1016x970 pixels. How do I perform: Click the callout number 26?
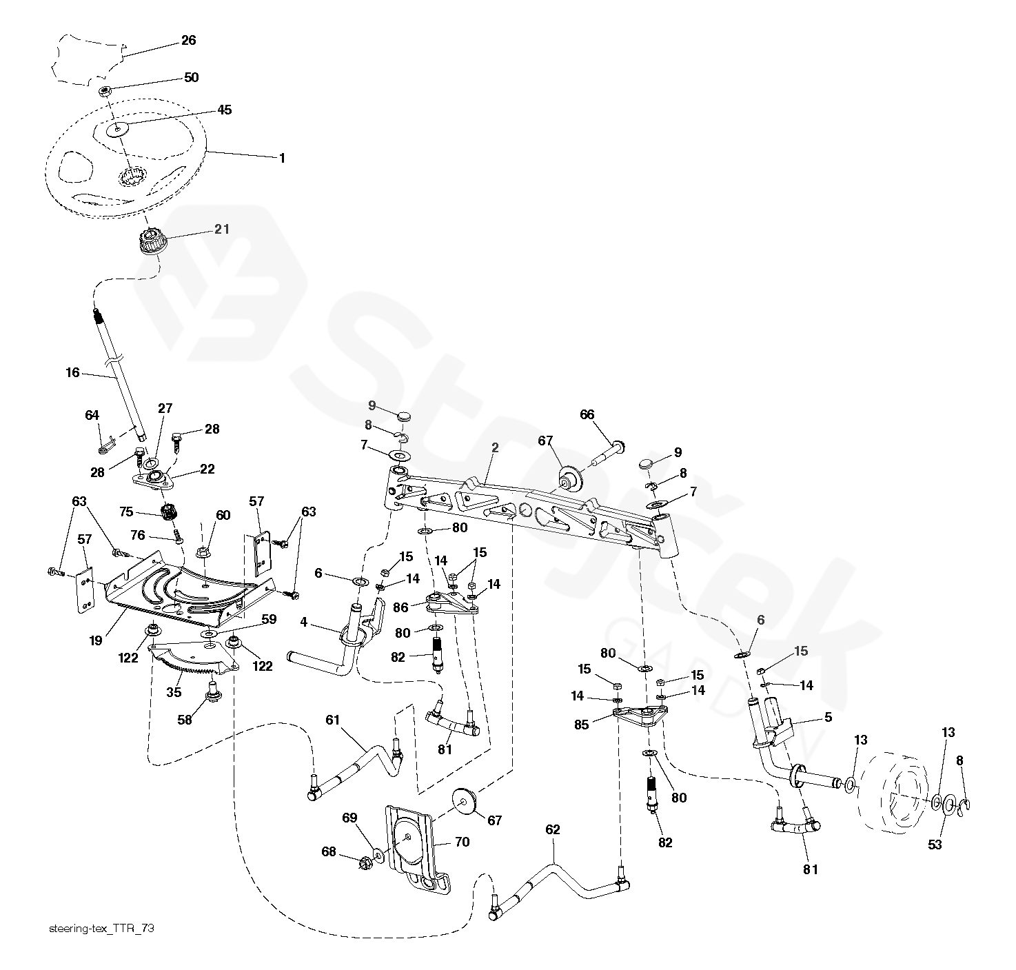189,40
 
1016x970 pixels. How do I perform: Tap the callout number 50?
191,77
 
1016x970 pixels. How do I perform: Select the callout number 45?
224,110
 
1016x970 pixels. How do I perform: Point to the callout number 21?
222,229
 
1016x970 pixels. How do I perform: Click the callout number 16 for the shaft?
73,372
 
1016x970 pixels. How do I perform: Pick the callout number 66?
587,415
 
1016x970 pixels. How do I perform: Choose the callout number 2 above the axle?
495,448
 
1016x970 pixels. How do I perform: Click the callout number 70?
462,842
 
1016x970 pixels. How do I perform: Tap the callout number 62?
552,829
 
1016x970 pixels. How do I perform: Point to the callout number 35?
174,692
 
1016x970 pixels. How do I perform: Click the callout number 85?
581,725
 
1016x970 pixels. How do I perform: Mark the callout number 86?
400,607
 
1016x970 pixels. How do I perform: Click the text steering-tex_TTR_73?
101,928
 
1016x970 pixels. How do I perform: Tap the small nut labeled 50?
105,91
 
